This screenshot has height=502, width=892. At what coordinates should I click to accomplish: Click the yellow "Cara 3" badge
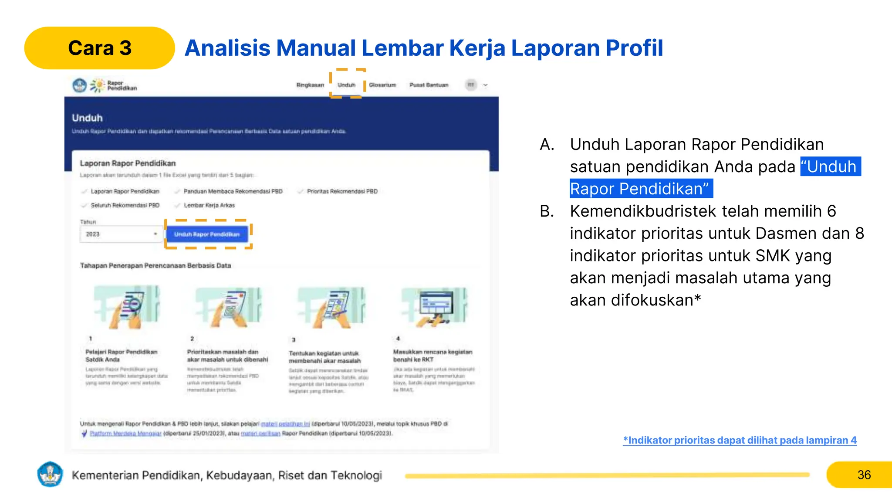coord(99,48)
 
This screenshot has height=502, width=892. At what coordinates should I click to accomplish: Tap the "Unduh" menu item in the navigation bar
coord(347,85)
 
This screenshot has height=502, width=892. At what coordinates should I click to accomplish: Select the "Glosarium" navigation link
coord(382,85)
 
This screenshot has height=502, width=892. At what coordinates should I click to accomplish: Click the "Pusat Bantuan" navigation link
coord(429,85)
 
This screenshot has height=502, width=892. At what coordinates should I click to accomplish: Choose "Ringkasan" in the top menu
coord(310,85)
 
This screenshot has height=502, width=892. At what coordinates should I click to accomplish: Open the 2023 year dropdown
coord(120,234)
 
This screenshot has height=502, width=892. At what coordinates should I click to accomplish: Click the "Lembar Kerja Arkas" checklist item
coord(209,205)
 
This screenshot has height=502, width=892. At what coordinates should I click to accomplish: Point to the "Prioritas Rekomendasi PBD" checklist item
coord(342,191)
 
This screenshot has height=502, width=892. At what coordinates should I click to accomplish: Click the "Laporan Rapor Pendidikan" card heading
coord(128,163)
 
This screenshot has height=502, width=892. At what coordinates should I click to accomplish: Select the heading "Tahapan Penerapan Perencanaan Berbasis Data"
coord(155,265)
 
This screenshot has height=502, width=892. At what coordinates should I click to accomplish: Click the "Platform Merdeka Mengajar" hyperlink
coord(125,434)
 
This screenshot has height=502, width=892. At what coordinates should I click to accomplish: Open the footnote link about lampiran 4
coord(740,440)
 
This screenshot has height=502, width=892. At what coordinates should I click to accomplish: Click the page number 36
coord(864,475)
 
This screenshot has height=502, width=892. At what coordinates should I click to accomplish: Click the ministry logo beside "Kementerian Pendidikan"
coord(51,475)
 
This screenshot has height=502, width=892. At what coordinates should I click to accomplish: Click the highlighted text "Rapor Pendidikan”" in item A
coord(640,189)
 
